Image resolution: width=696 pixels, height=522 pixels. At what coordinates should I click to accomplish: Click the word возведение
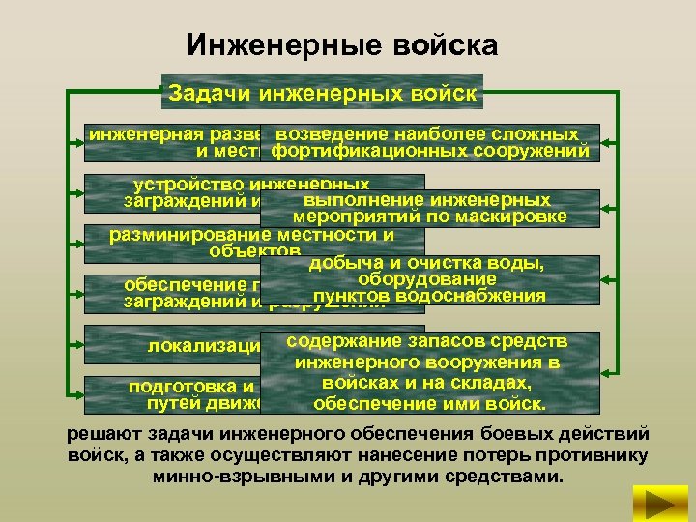[331, 134]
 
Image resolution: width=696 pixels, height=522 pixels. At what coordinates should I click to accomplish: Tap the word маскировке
[512, 217]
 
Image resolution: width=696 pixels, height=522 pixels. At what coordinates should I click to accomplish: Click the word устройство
[188, 184]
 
